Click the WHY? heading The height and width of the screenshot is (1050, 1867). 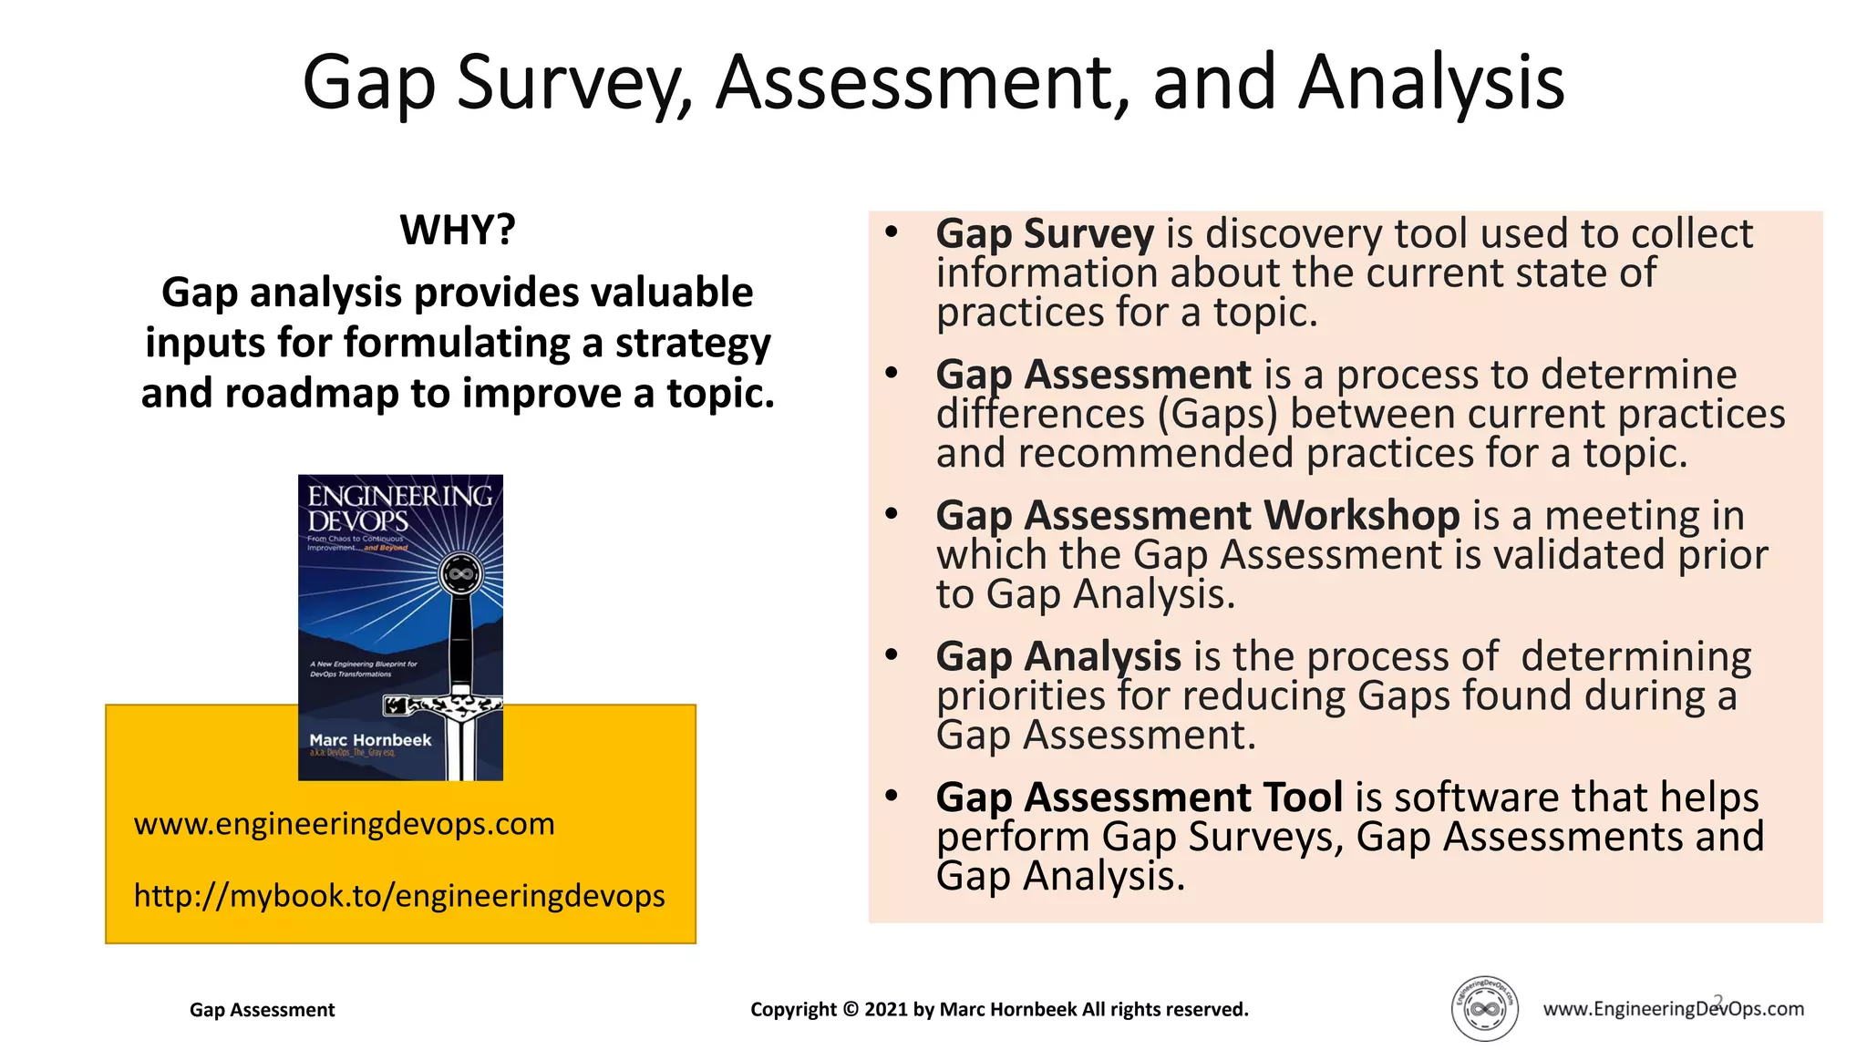[x=458, y=230]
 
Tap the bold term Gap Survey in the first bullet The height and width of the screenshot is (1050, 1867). [x=1045, y=234]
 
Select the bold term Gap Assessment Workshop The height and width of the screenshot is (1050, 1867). [x=1197, y=516]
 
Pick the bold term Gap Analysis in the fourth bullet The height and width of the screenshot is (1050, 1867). [x=1058, y=657]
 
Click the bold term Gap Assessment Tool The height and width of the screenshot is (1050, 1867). [x=1139, y=798]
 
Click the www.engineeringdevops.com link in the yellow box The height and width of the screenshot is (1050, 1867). [x=344, y=824]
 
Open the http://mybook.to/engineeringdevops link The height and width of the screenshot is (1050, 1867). [x=399, y=896]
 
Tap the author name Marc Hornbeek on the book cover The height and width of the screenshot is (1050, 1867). [x=370, y=740]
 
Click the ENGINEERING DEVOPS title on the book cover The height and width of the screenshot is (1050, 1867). [x=398, y=509]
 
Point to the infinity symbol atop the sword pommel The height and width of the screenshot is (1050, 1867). [x=460, y=574]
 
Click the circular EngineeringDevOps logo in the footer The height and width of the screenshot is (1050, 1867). [x=1484, y=1009]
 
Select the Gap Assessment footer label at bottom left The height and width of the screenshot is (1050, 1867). [x=262, y=1010]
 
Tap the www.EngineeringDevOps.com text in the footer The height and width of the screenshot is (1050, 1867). [x=1673, y=1009]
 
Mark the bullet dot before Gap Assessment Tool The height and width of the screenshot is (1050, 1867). [x=892, y=796]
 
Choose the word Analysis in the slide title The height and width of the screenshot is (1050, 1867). [x=1431, y=84]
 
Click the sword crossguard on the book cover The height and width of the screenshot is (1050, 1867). [x=445, y=705]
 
